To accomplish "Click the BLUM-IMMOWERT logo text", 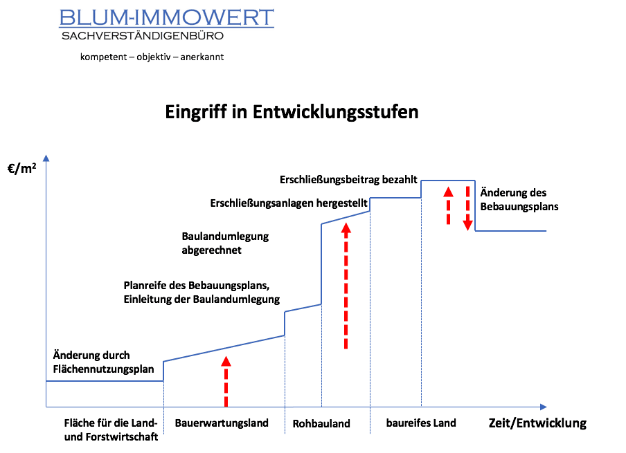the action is pyautogui.click(x=166, y=17).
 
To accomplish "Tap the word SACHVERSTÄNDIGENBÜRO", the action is pyautogui.click(x=143, y=36).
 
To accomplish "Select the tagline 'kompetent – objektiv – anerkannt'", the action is pyautogui.click(x=152, y=57).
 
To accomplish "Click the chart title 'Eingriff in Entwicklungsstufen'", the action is pyautogui.click(x=292, y=112).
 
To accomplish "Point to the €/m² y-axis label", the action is pyautogui.click(x=21, y=168).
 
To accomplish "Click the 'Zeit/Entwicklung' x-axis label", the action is pyautogui.click(x=537, y=423).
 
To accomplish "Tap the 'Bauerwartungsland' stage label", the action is pyautogui.click(x=222, y=423).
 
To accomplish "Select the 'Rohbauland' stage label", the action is pyautogui.click(x=321, y=423).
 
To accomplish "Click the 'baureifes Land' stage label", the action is pyautogui.click(x=421, y=423).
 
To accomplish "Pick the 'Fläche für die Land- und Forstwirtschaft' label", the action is pyautogui.click(x=111, y=430).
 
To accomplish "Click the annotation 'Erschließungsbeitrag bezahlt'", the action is pyautogui.click(x=348, y=180).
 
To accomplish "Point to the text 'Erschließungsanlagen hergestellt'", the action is pyautogui.click(x=288, y=203).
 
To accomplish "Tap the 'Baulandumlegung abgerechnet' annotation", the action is pyautogui.click(x=225, y=243).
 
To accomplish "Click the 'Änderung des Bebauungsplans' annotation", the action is pyautogui.click(x=519, y=199).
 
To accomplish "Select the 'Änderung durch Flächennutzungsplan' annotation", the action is pyautogui.click(x=103, y=362).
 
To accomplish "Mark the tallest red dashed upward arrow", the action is pyautogui.click(x=346, y=286).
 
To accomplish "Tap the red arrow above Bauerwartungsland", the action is pyautogui.click(x=226, y=382).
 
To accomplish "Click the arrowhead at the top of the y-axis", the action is pyautogui.click(x=46, y=158).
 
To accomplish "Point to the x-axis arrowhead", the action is pyautogui.click(x=544, y=407).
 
